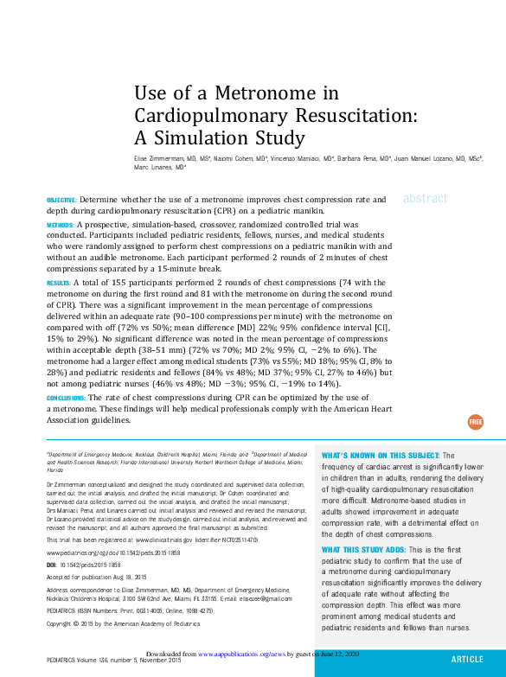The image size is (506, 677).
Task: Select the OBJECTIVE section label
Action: (x=61, y=200)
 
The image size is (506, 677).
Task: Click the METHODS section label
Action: (x=60, y=225)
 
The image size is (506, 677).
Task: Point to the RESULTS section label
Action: (x=58, y=283)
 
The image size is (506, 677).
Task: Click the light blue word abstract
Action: (x=425, y=198)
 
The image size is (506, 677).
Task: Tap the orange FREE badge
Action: (x=476, y=422)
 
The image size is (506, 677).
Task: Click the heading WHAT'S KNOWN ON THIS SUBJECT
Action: (x=381, y=455)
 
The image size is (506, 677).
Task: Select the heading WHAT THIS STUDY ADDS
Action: (x=368, y=550)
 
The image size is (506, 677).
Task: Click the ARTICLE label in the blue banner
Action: (x=467, y=659)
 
